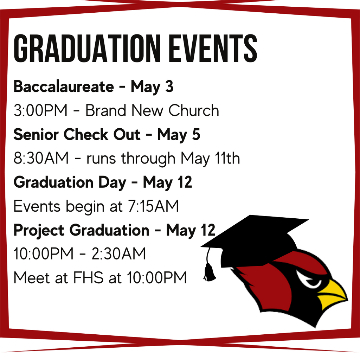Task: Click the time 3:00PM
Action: pyautogui.click(x=40, y=111)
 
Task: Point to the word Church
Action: pyautogui.click(x=194, y=111)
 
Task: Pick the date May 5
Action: pyautogui.click(x=179, y=135)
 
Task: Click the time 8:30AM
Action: pyautogui.click(x=41, y=159)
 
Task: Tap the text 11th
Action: pyautogui.click(x=227, y=159)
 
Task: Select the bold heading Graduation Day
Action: pyautogui.click(x=70, y=182)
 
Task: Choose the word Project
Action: pyautogui.click(x=39, y=231)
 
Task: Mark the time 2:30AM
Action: pyautogui.click(x=118, y=254)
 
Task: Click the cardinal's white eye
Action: pyautogui.click(x=309, y=279)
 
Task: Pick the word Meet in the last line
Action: pyautogui.click(x=31, y=278)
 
